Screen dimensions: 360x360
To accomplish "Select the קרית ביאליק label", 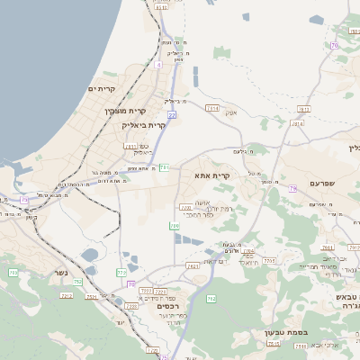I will click(x=145, y=126).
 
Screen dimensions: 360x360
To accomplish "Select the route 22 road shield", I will click(x=171, y=115).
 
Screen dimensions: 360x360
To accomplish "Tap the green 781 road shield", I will click(x=164, y=167).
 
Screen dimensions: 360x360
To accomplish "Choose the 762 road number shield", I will click(x=211, y=298).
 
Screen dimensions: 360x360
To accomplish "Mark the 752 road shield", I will click(x=77, y=282).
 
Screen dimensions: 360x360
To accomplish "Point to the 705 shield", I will click(x=184, y=207).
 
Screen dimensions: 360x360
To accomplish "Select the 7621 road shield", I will click(x=193, y=266).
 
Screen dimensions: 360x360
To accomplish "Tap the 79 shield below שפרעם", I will click(x=293, y=188).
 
